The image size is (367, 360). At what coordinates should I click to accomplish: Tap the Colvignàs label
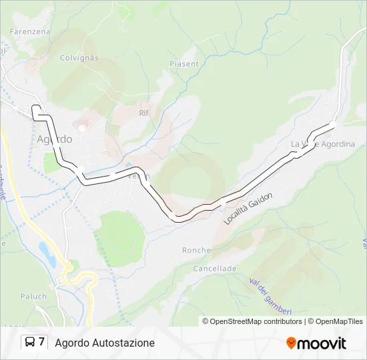[x=79, y=58]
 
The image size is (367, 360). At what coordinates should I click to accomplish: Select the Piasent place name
[x=184, y=64]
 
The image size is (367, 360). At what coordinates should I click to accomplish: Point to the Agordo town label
[x=54, y=139]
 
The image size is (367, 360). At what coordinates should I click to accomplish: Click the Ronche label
[x=196, y=251]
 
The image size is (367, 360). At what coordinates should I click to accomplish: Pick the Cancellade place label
[x=215, y=268]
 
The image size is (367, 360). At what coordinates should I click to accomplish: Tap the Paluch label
[x=33, y=296]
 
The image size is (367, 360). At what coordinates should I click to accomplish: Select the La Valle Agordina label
[x=323, y=144]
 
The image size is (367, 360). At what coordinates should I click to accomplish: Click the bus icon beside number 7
[x=30, y=343]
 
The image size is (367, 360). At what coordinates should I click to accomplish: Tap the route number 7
[x=42, y=343]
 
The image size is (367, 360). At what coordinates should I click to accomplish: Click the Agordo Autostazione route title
[x=105, y=343]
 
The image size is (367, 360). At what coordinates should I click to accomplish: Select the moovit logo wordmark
[x=322, y=343]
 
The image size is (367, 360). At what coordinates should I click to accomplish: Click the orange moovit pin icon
[x=291, y=343]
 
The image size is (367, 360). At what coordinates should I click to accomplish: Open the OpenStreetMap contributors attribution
[x=252, y=321]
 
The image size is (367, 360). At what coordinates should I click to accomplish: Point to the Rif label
[x=143, y=113]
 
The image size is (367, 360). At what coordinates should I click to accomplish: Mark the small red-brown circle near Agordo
[x=82, y=127]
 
